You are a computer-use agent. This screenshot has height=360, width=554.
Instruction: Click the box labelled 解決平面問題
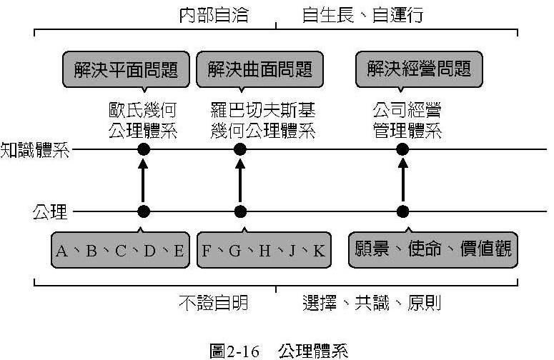(x=126, y=69)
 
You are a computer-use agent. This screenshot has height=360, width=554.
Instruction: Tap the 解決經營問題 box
(x=419, y=69)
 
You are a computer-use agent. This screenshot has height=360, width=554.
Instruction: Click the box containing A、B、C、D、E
(x=119, y=250)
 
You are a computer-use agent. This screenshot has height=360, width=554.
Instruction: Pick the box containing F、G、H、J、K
(x=263, y=250)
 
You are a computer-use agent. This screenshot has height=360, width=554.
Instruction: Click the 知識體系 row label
(x=35, y=149)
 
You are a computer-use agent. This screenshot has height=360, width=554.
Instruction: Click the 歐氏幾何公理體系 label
(x=142, y=120)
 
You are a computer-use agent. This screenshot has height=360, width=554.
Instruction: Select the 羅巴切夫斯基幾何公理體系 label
(x=262, y=120)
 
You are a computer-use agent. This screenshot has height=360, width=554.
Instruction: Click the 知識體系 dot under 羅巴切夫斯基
(x=240, y=149)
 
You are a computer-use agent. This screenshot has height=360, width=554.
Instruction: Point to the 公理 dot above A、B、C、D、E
(x=144, y=211)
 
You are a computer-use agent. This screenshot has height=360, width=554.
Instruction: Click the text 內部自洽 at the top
(x=214, y=15)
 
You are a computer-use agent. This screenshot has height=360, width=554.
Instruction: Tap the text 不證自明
(x=213, y=303)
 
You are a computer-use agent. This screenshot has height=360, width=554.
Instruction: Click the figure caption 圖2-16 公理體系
(x=278, y=349)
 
